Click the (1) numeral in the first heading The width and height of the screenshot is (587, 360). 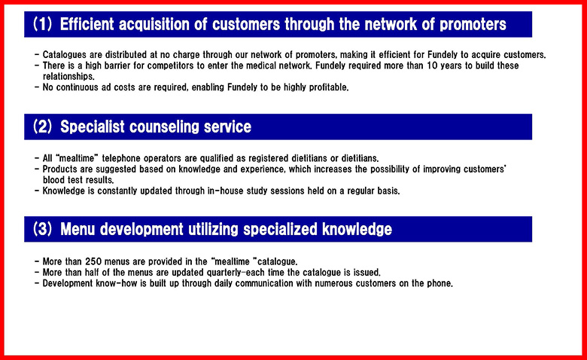pos(42,24)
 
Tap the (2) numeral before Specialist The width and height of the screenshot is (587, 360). pos(42,127)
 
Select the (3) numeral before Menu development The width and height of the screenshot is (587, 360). pos(42,229)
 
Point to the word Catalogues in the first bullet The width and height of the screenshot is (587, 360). pos(65,55)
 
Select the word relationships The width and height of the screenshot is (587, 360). pos(68,77)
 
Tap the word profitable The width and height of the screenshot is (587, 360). pos(329,87)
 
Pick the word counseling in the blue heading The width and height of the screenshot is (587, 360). pos(164,127)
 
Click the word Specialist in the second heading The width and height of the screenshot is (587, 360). pos(92,127)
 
